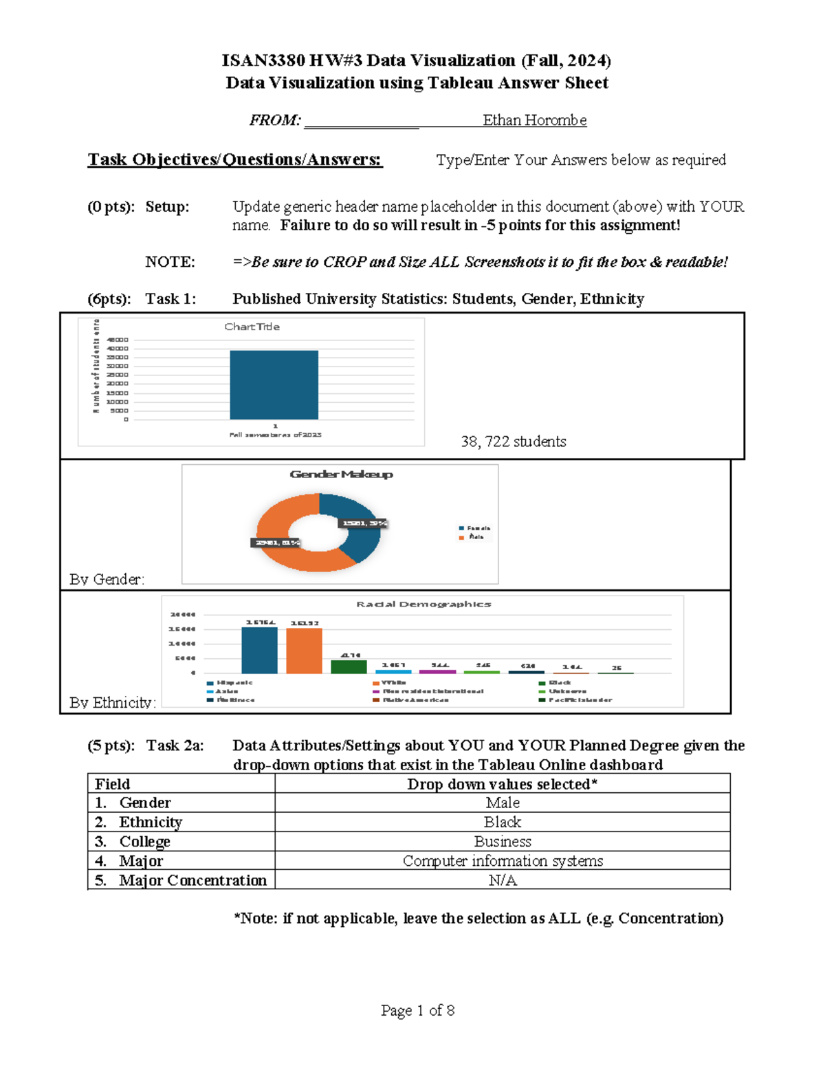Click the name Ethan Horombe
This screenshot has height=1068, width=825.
pos(534,120)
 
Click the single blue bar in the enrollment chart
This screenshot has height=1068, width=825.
pos(274,384)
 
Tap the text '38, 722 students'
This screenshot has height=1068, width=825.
pos(513,442)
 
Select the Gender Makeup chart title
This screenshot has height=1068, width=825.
pos(341,474)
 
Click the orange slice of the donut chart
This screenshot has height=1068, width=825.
pos(289,543)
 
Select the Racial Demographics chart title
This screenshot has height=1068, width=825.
pos(423,604)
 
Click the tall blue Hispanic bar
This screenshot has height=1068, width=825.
pos(259,651)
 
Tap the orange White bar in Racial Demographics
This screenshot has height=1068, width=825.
pos(304,651)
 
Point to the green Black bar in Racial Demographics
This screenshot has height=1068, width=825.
pos(349,666)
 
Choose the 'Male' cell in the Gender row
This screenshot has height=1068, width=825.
pos(503,803)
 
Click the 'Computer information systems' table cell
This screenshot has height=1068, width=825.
pos(503,861)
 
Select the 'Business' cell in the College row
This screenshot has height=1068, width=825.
pos(503,842)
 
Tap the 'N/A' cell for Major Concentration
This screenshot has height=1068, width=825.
pos(503,880)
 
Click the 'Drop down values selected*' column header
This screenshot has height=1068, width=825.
pos(503,784)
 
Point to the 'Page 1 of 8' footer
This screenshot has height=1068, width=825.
pos(417,1010)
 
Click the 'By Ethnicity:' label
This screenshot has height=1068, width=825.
pos(112,702)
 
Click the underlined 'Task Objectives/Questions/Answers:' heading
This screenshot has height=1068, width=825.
pos(234,160)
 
